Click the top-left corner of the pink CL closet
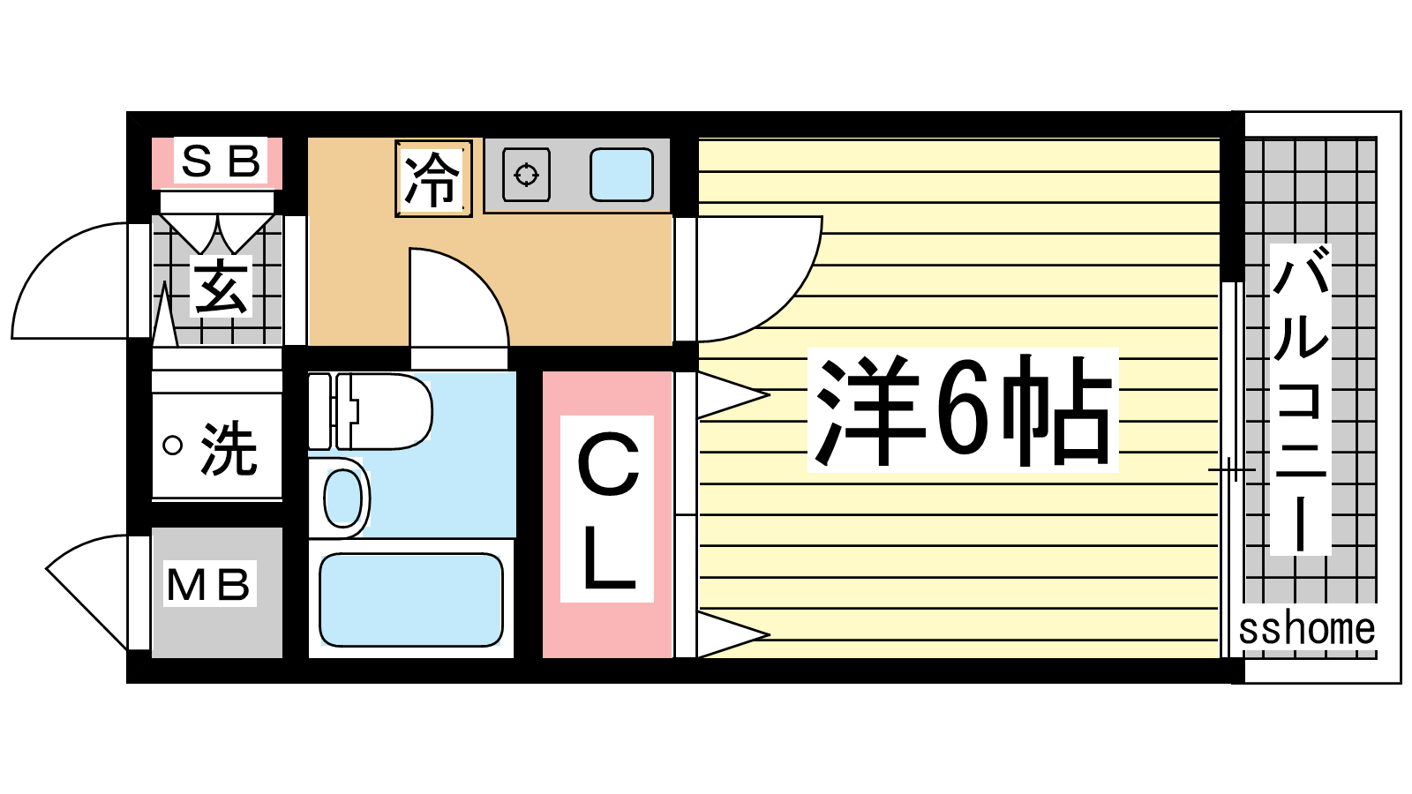point(543,371)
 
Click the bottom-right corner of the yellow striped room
point(1219,657)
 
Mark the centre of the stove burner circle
point(526,175)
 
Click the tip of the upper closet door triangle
point(769,395)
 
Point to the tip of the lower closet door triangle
point(769,634)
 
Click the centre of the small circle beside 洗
point(172,446)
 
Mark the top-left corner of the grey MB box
point(152,528)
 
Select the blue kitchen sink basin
point(621,175)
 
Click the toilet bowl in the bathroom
point(385,411)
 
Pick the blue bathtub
point(411,599)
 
